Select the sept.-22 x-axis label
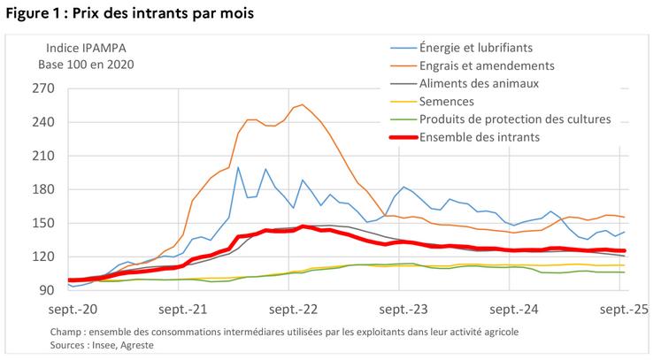[x=291, y=310]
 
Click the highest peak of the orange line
[x=303, y=104]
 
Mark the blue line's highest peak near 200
[x=238, y=167]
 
